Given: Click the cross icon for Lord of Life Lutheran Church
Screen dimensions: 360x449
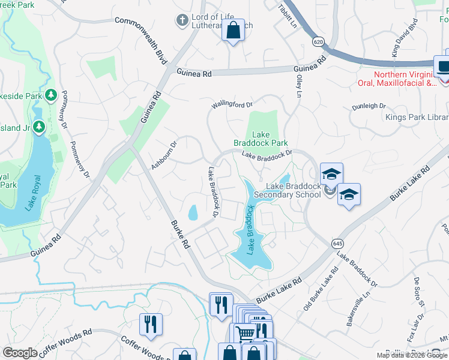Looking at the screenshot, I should pyautogui.click(x=182, y=21).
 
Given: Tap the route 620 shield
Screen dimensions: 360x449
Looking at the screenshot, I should pyautogui.click(x=318, y=40).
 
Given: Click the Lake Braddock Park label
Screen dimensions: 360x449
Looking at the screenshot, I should pyautogui.click(x=261, y=139).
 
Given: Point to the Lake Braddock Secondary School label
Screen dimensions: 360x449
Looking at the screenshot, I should pyautogui.click(x=286, y=190).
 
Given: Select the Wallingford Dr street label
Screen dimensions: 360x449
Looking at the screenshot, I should pyautogui.click(x=232, y=104).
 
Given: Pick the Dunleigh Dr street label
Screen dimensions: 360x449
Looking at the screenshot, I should pyautogui.click(x=369, y=106).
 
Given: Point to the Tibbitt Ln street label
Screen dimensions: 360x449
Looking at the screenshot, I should pyautogui.click(x=288, y=16).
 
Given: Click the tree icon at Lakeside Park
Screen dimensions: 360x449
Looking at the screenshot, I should pyautogui.click(x=52, y=95).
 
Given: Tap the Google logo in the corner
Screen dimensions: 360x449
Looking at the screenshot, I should pyautogui.click(x=20, y=353).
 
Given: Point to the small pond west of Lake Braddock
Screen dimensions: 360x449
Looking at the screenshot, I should pyautogui.click(x=193, y=212).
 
